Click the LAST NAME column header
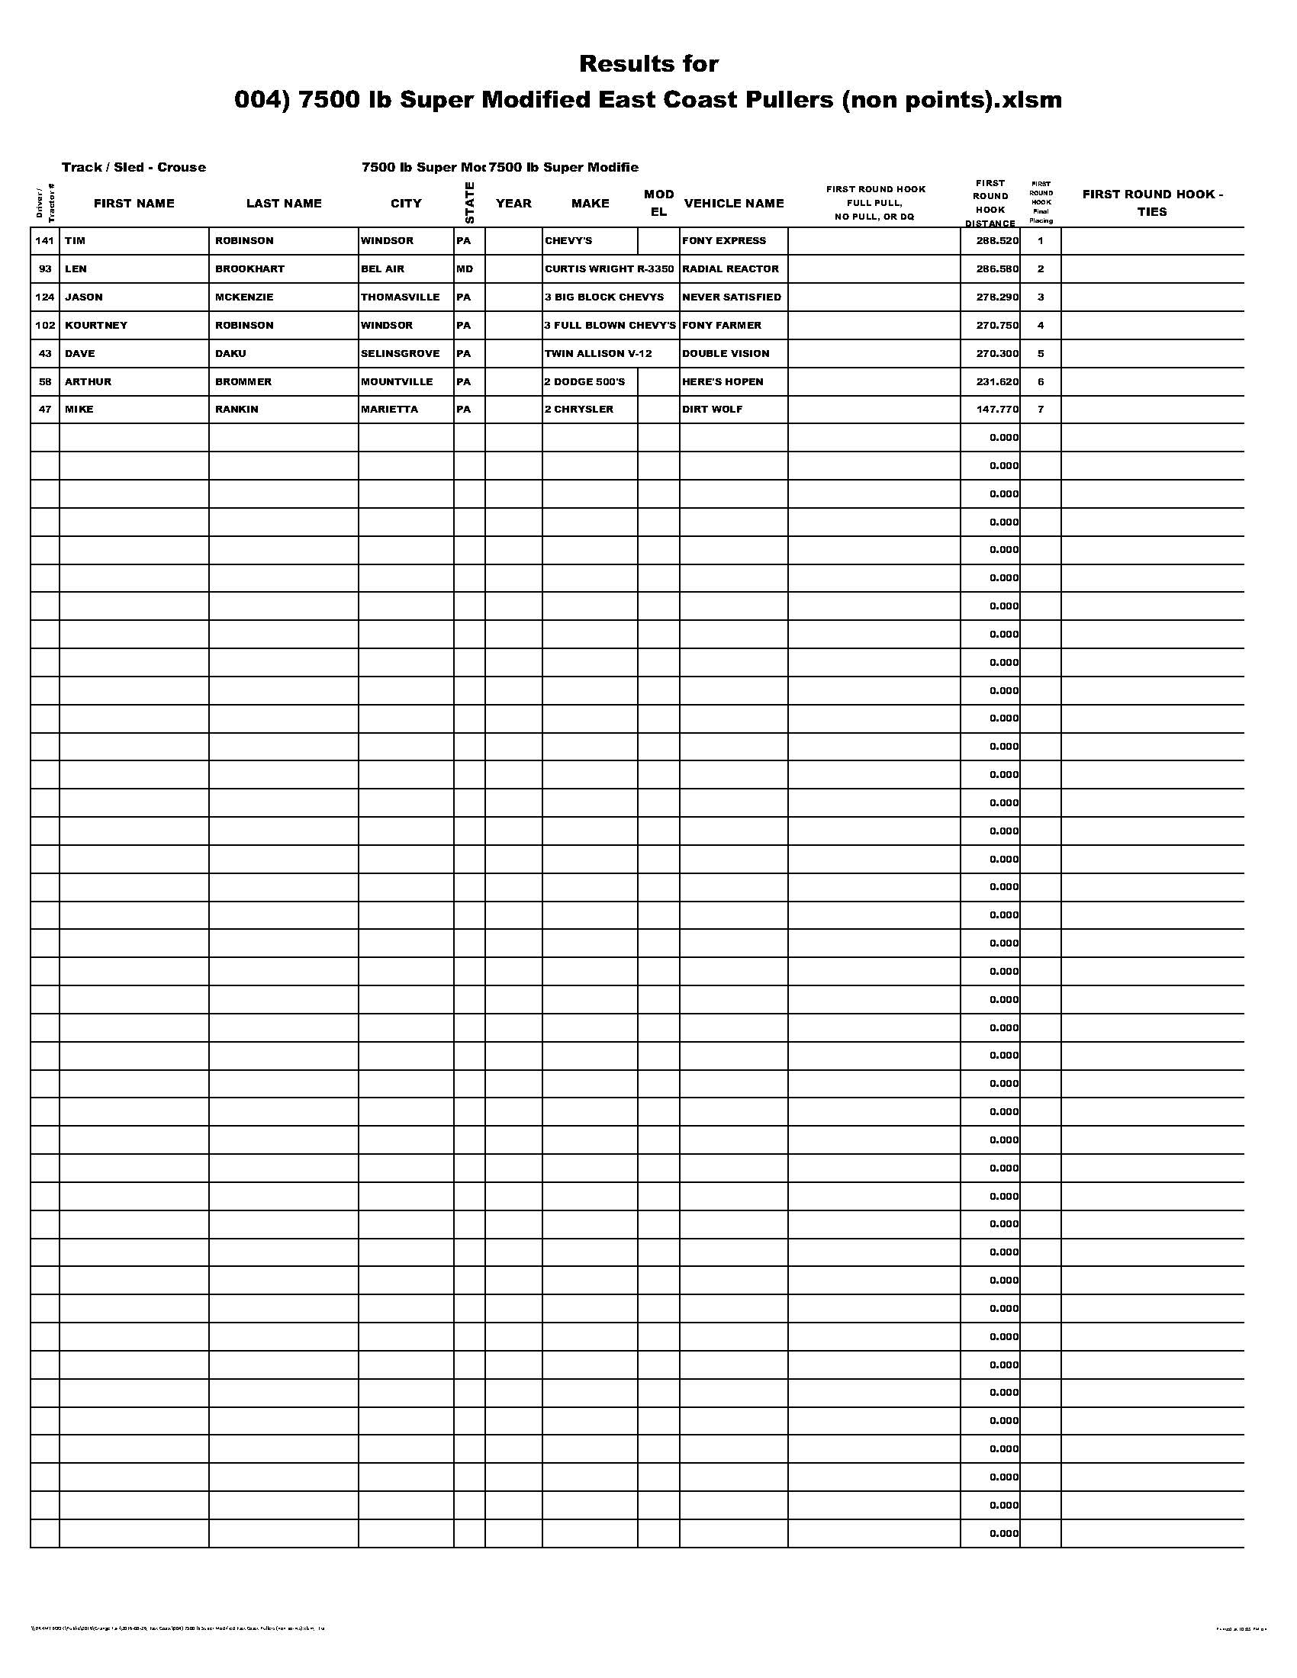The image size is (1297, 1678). click(x=284, y=204)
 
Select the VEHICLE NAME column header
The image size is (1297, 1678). click(x=734, y=204)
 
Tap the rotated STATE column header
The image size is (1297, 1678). click(x=469, y=203)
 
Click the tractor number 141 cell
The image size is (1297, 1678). click(x=45, y=240)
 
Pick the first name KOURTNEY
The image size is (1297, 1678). click(x=96, y=325)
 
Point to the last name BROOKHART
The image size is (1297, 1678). click(x=249, y=269)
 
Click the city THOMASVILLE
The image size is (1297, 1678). click(x=401, y=297)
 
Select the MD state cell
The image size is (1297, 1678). click(x=465, y=269)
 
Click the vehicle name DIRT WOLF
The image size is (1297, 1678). click(x=713, y=410)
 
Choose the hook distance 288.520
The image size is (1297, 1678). click(x=997, y=240)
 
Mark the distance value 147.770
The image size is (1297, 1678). click(x=997, y=410)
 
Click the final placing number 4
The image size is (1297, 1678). click(x=1041, y=325)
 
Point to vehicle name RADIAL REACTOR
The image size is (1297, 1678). click(x=730, y=269)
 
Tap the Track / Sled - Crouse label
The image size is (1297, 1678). click(x=134, y=168)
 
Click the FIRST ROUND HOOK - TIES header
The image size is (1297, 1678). click(x=1152, y=203)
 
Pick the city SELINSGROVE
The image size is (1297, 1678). click(x=401, y=353)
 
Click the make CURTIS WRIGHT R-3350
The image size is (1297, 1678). click(x=609, y=269)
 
